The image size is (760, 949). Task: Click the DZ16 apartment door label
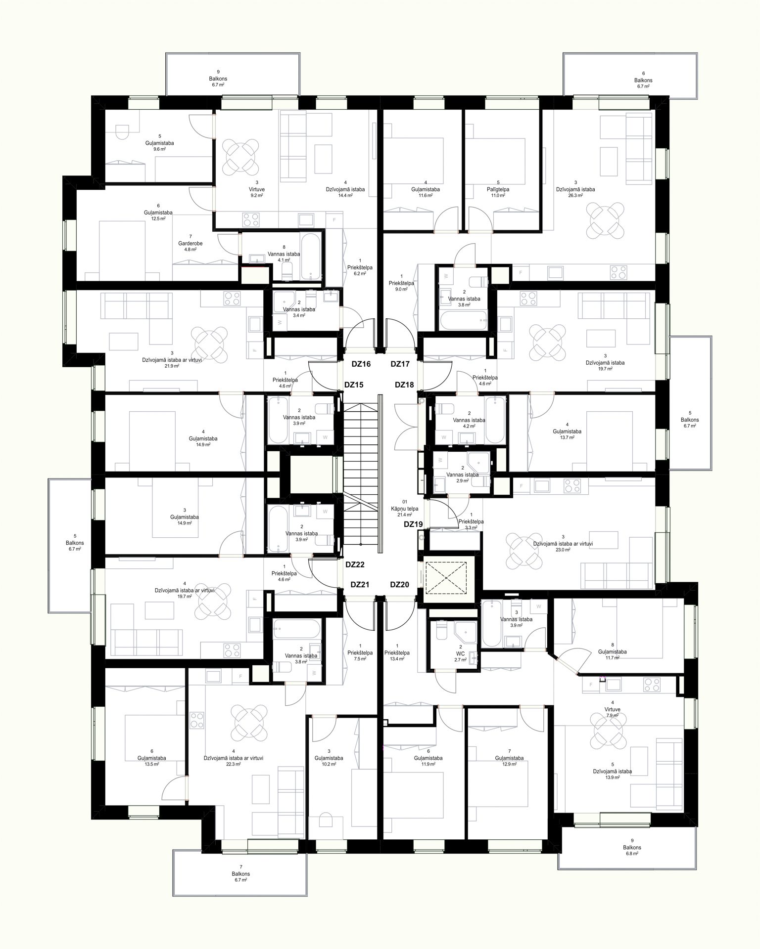tap(361, 364)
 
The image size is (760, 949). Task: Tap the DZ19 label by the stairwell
tap(413, 524)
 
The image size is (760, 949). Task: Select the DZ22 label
tap(355, 564)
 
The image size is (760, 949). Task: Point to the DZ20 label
tap(399, 585)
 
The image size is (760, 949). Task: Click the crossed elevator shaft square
tap(446, 577)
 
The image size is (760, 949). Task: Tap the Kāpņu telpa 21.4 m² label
tap(405, 509)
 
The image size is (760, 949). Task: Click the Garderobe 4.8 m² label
tap(190, 243)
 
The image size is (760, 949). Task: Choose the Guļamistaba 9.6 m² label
tap(159, 142)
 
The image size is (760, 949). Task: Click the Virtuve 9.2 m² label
tap(257, 189)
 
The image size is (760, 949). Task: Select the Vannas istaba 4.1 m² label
tap(284, 254)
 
